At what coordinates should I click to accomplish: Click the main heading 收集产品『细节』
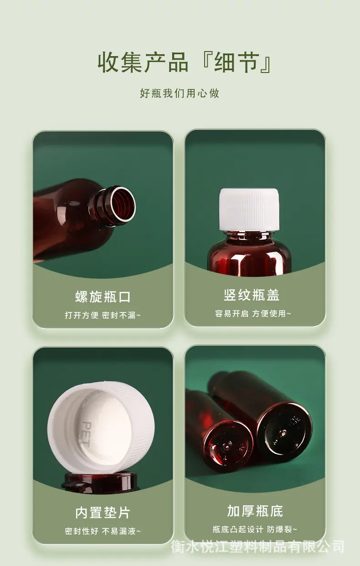pyautogui.click(x=185, y=62)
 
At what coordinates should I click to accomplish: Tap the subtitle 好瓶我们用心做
pyautogui.click(x=180, y=93)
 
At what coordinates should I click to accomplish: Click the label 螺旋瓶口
pyautogui.click(x=103, y=296)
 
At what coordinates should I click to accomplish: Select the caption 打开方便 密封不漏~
pyautogui.click(x=103, y=315)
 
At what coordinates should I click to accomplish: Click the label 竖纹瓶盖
pyautogui.click(x=252, y=295)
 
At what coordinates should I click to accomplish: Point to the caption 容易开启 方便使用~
pyautogui.click(x=253, y=313)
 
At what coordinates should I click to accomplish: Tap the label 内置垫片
pyautogui.click(x=103, y=513)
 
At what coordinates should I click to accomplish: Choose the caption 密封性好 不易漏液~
pyautogui.click(x=103, y=531)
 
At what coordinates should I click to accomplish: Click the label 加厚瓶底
pyautogui.click(x=255, y=511)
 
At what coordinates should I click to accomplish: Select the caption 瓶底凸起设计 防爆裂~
pyautogui.click(x=255, y=529)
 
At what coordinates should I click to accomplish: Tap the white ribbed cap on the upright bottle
pyautogui.click(x=250, y=209)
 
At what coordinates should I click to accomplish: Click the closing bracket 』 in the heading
pyautogui.click(x=265, y=63)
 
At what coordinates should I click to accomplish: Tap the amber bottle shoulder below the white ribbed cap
pyautogui.click(x=250, y=253)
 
